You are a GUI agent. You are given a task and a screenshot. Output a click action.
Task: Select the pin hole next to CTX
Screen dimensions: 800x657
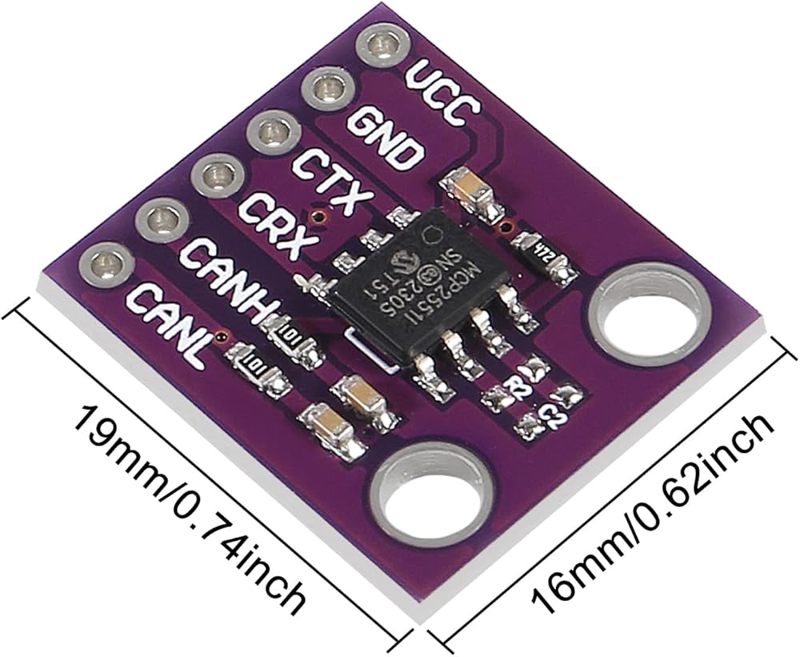tap(270, 131)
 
